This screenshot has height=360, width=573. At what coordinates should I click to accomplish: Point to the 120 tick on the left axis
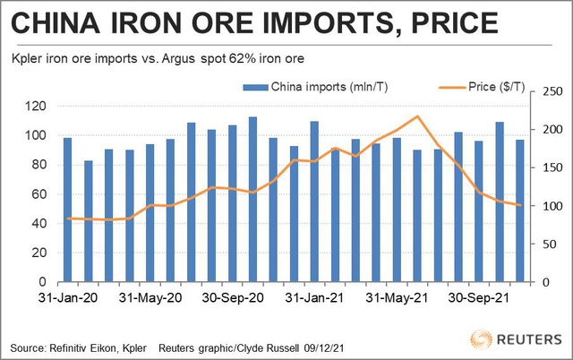point(33,107)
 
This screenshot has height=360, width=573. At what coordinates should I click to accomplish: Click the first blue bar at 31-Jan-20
point(67,210)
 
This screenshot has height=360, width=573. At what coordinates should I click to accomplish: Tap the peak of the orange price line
point(418,116)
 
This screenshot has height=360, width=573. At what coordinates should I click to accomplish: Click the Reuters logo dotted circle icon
point(481,340)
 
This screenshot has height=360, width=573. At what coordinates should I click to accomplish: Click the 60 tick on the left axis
point(37,194)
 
